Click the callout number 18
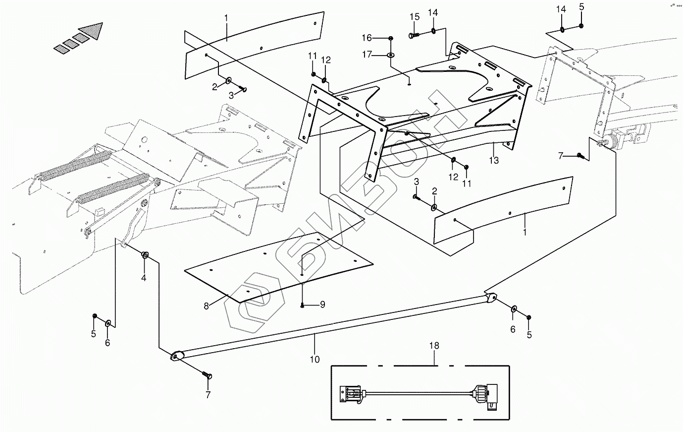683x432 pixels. (434, 345)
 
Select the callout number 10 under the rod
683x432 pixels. (315, 360)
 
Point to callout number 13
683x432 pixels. (494, 160)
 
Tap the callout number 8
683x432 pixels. (206, 306)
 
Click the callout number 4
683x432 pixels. (144, 278)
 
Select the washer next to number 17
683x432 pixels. (391, 55)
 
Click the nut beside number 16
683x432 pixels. (391, 38)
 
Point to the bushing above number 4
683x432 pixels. (145, 255)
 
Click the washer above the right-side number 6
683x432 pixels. (513, 309)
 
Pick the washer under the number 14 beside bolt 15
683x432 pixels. (433, 31)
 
